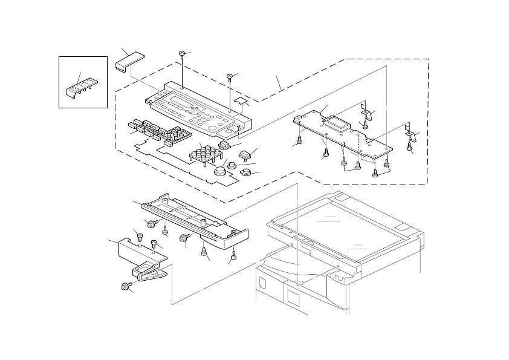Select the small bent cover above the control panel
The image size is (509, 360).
(x=128, y=62)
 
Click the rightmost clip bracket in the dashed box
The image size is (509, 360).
(x=409, y=131)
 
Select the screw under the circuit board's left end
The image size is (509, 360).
(x=297, y=142)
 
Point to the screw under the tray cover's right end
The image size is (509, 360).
(x=234, y=254)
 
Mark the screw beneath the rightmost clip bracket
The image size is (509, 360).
(x=410, y=145)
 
